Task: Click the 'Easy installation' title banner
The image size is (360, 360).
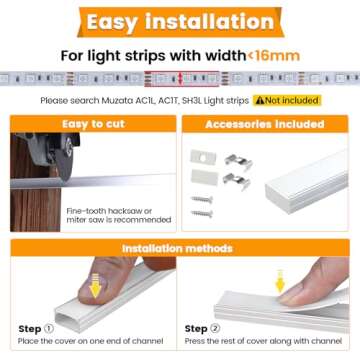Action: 179,21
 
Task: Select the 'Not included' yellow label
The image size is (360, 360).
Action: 291,100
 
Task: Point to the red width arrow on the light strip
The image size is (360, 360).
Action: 179,79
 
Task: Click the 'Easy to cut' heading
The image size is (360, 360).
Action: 89,124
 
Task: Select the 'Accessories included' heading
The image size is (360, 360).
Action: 264,124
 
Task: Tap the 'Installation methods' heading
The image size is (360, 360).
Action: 179,248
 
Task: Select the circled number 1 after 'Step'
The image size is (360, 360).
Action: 50,329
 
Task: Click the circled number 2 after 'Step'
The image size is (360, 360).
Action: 218,329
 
